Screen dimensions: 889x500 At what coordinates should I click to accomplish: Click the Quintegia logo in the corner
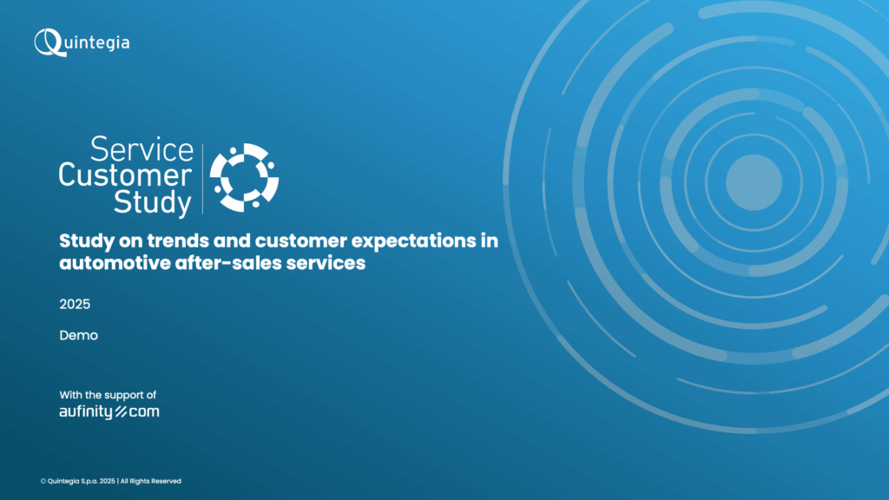point(82,43)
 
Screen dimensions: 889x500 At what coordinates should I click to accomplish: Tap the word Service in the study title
point(142,149)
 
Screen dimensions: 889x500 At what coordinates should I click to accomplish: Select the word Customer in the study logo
point(125,174)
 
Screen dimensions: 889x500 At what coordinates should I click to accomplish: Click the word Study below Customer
point(152,201)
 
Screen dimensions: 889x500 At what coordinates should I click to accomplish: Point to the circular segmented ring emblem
point(244,177)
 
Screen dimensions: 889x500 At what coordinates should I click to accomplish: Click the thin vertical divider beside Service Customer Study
point(202,179)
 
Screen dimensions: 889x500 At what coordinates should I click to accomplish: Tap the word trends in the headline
point(179,241)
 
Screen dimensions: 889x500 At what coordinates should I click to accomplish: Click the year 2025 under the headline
point(75,305)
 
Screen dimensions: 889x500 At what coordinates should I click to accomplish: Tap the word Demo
point(79,336)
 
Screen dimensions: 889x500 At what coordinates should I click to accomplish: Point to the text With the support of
point(108,395)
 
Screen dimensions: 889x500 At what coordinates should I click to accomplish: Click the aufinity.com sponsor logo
point(109,412)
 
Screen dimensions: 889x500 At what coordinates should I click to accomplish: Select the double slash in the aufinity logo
point(121,412)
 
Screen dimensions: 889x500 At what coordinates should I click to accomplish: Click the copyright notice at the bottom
point(110,481)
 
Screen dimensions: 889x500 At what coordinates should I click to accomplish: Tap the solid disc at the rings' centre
point(754,182)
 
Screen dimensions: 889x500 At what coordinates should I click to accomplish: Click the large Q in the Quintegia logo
point(49,43)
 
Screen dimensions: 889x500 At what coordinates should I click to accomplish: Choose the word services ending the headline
point(326,263)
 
